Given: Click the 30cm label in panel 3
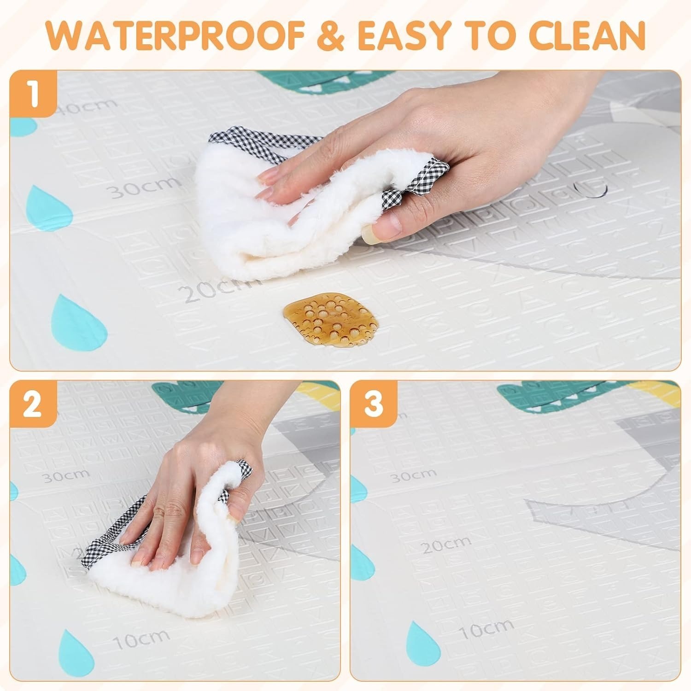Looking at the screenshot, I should click(413, 475).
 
